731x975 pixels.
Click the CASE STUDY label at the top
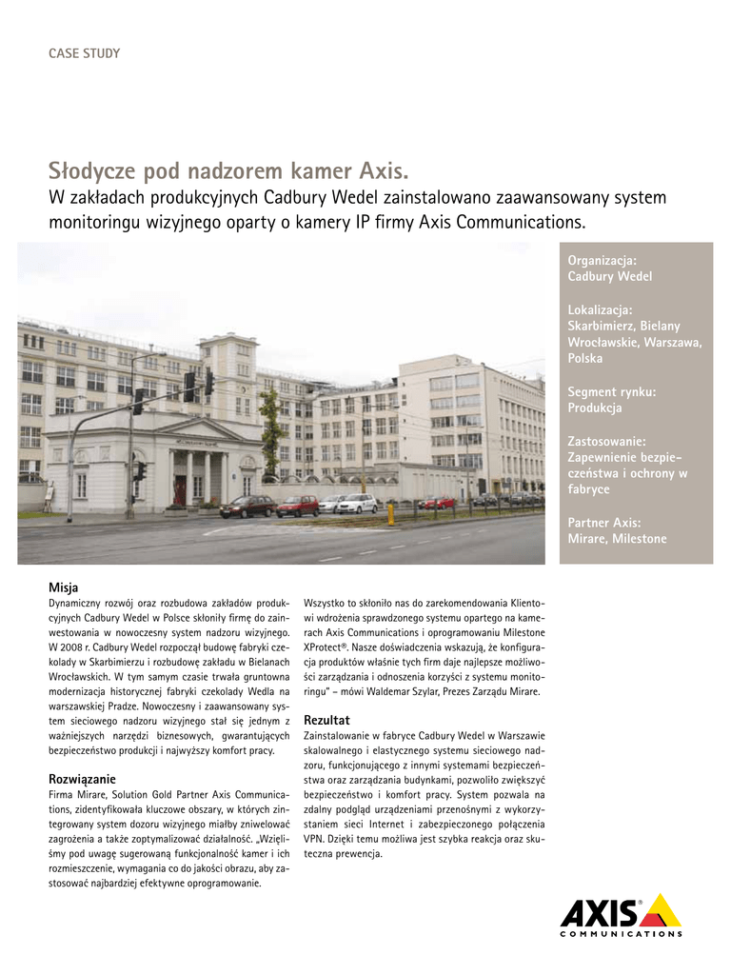(84, 53)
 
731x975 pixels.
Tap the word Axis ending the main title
(379, 171)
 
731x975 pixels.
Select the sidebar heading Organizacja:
(603, 260)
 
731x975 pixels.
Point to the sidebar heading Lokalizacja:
(600, 309)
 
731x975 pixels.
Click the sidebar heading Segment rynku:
(612, 391)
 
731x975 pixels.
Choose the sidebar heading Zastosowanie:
(607, 441)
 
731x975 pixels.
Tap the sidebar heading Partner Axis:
(604, 523)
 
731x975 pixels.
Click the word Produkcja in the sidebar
(595, 408)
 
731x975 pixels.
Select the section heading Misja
(63, 587)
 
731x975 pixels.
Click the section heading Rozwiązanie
(82, 779)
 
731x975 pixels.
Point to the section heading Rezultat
(326, 720)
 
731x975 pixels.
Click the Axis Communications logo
(621, 916)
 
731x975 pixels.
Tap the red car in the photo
(297, 506)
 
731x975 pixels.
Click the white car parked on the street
(358, 503)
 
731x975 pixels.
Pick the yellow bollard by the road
(390, 513)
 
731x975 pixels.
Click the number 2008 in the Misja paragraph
(67, 647)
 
